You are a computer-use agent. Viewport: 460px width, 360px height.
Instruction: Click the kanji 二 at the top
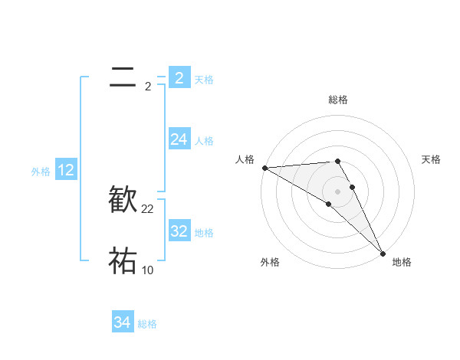pos(123,77)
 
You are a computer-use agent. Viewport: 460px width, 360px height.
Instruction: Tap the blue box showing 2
pos(179,77)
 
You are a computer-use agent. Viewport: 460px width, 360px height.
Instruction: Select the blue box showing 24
pos(179,139)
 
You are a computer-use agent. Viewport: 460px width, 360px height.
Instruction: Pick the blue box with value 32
pos(179,231)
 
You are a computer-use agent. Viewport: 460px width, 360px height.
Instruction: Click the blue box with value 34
pos(123,323)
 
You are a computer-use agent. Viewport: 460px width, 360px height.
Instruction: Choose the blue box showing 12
pos(65,171)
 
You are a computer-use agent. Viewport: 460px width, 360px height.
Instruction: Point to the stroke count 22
pos(148,209)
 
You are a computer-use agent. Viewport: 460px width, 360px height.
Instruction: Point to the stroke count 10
pos(148,270)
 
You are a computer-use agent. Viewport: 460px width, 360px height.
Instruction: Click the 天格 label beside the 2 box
pos(204,79)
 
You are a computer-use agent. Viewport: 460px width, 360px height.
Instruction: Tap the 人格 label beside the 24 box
pos(204,141)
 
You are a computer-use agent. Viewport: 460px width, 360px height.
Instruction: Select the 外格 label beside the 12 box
pos(41,172)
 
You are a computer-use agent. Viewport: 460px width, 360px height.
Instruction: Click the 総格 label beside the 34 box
pos(147,324)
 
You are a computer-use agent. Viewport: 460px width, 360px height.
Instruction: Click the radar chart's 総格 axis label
pos(338,100)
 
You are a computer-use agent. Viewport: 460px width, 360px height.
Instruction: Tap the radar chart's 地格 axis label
pos(402,262)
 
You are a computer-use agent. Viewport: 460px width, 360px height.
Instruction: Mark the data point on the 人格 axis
pos(264,167)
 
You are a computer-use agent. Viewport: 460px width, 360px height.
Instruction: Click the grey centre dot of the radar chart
pos(337,191)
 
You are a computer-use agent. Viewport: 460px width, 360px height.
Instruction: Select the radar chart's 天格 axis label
pos(432,159)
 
